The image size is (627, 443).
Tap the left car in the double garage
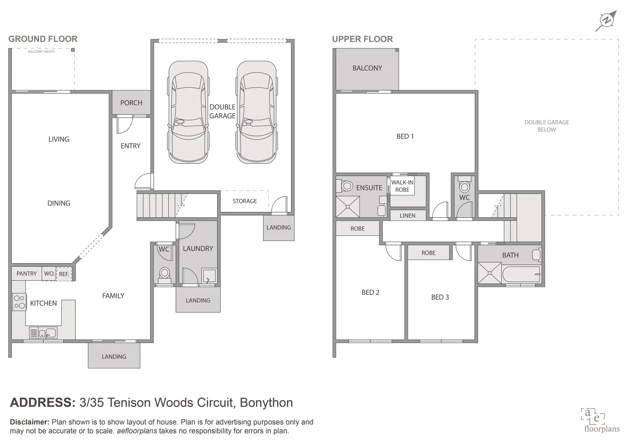coord(188,112)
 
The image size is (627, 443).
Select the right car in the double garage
coord(257,112)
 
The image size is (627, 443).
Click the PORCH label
coord(131,103)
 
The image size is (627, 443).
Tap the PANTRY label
coord(27,274)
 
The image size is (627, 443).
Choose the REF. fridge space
coord(64,274)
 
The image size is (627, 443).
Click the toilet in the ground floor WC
coord(165,274)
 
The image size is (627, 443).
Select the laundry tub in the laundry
coord(209,276)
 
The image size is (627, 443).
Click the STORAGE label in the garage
coord(245,201)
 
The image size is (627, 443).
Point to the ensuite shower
coord(348,206)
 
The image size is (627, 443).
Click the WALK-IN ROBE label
coord(402,186)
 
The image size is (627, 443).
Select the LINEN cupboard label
coord(407,215)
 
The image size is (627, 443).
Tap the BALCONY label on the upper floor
coord(367,68)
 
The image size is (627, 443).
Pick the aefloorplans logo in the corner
coord(601,420)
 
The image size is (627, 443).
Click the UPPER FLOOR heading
coord(362,39)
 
